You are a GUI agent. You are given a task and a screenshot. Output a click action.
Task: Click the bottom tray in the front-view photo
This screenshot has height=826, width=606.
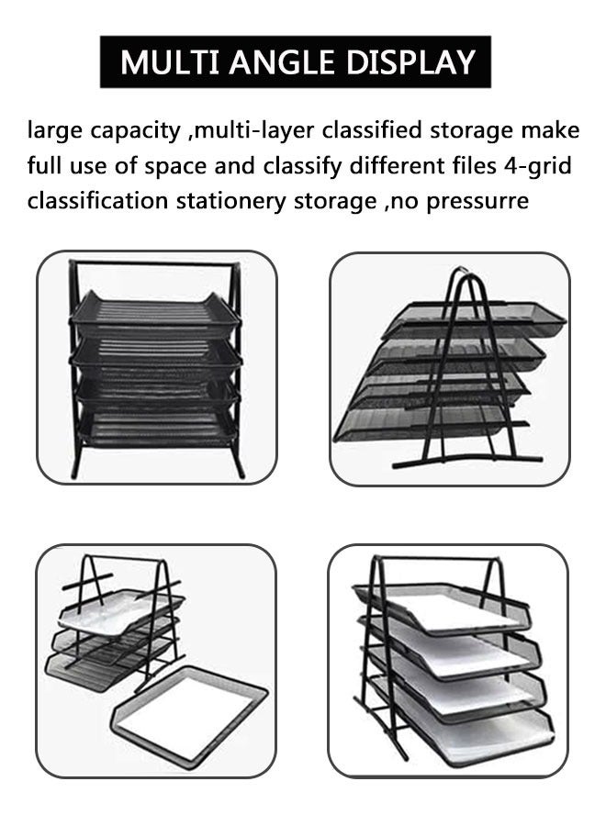155,427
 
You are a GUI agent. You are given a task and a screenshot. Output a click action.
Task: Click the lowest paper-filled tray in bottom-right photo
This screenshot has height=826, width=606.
468,730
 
